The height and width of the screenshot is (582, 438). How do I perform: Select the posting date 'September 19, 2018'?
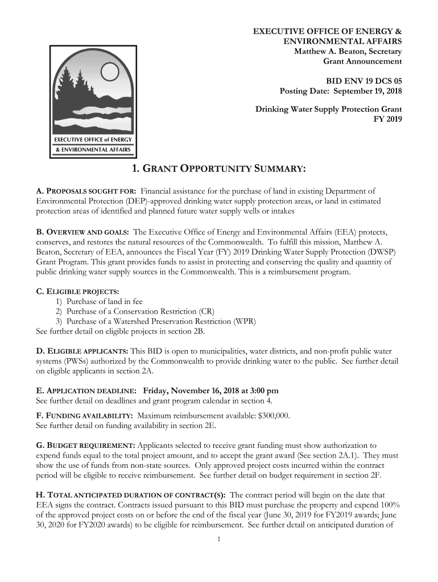[x=367, y=92]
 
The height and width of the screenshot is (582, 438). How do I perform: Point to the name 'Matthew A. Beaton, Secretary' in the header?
[x=348, y=52]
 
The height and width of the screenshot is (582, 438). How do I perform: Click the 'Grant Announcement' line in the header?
[x=362, y=61]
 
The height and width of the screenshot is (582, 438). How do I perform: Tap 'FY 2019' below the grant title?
[x=387, y=119]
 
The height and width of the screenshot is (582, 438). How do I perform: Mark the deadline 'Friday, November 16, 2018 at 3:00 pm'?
[x=210, y=390]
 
